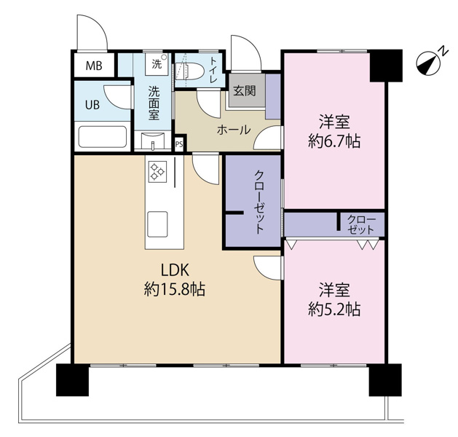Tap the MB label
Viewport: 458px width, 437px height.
coord(94,66)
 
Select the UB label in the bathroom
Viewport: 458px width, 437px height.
coord(92,103)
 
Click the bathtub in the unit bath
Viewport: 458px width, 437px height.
coord(103,137)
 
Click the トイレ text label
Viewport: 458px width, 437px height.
coord(213,71)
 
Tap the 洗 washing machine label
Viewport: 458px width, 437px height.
coord(157,64)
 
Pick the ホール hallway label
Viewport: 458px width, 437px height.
coord(234,130)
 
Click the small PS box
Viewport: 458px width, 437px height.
coord(179,144)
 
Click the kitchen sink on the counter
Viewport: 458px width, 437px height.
coord(157,220)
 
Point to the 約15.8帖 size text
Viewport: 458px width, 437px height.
coord(174,290)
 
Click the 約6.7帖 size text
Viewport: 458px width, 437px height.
coord(334,141)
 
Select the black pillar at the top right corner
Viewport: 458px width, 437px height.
coord(385,66)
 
